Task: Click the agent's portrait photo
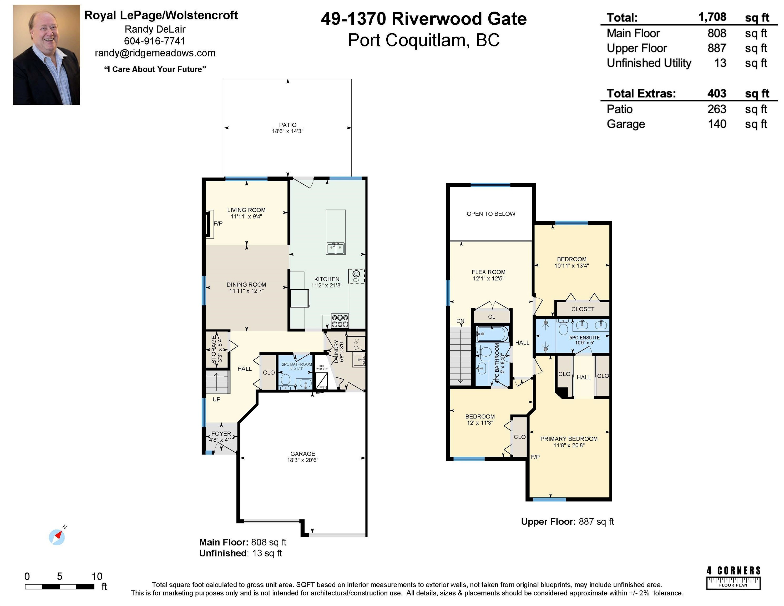coord(46,54)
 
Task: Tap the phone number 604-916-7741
coord(155,41)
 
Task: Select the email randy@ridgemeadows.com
coord(155,53)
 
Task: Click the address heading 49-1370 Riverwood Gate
coord(424,19)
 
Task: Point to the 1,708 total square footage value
coord(712,17)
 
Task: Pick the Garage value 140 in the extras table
coord(717,124)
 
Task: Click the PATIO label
coord(287,125)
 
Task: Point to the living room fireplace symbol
coord(208,224)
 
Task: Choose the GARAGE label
coord(303,454)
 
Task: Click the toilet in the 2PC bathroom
coord(286,381)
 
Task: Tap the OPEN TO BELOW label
coord(491,214)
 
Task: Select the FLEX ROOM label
coord(489,272)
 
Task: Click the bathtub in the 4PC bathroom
coord(492,334)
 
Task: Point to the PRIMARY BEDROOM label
coord(569,439)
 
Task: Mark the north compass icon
coord(57,537)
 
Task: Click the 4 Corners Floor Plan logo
coord(734,578)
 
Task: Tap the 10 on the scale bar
coord(97,577)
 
